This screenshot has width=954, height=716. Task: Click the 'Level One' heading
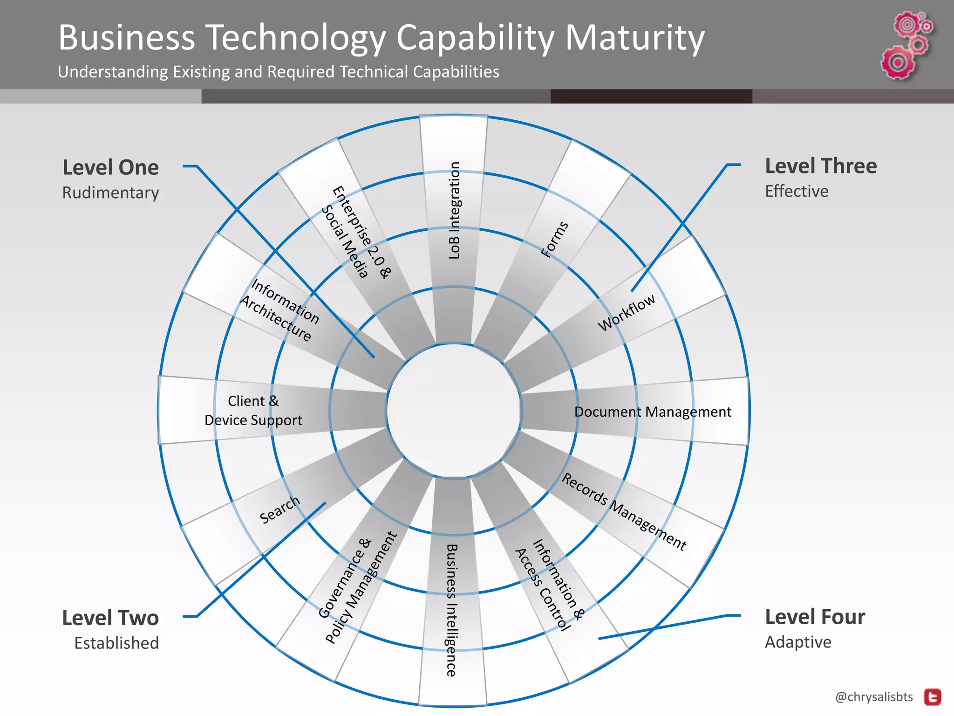point(110,167)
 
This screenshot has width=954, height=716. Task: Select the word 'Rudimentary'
point(110,193)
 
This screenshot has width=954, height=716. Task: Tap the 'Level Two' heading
point(110,618)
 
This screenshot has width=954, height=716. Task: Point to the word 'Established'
point(116,643)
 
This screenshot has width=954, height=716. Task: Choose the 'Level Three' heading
point(821,166)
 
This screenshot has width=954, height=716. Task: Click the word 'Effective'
point(797,191)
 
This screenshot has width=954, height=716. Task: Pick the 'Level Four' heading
point(815,617)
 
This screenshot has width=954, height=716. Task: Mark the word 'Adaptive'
point(798,642)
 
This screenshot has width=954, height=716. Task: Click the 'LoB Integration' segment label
point(454,210)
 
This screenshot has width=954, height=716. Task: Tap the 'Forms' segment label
point(555,239)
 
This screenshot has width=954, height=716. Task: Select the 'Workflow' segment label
point(627,312)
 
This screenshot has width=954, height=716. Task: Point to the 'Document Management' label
point(653,412)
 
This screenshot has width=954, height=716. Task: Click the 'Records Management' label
point(624,511)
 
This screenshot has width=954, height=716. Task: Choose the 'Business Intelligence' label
point(451,610)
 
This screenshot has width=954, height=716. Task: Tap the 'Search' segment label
point(279,509)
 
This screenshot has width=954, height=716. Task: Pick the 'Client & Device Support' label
point(253,411)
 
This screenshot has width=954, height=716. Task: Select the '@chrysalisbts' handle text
point(874,697)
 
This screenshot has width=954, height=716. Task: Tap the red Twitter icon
point(933,697)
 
